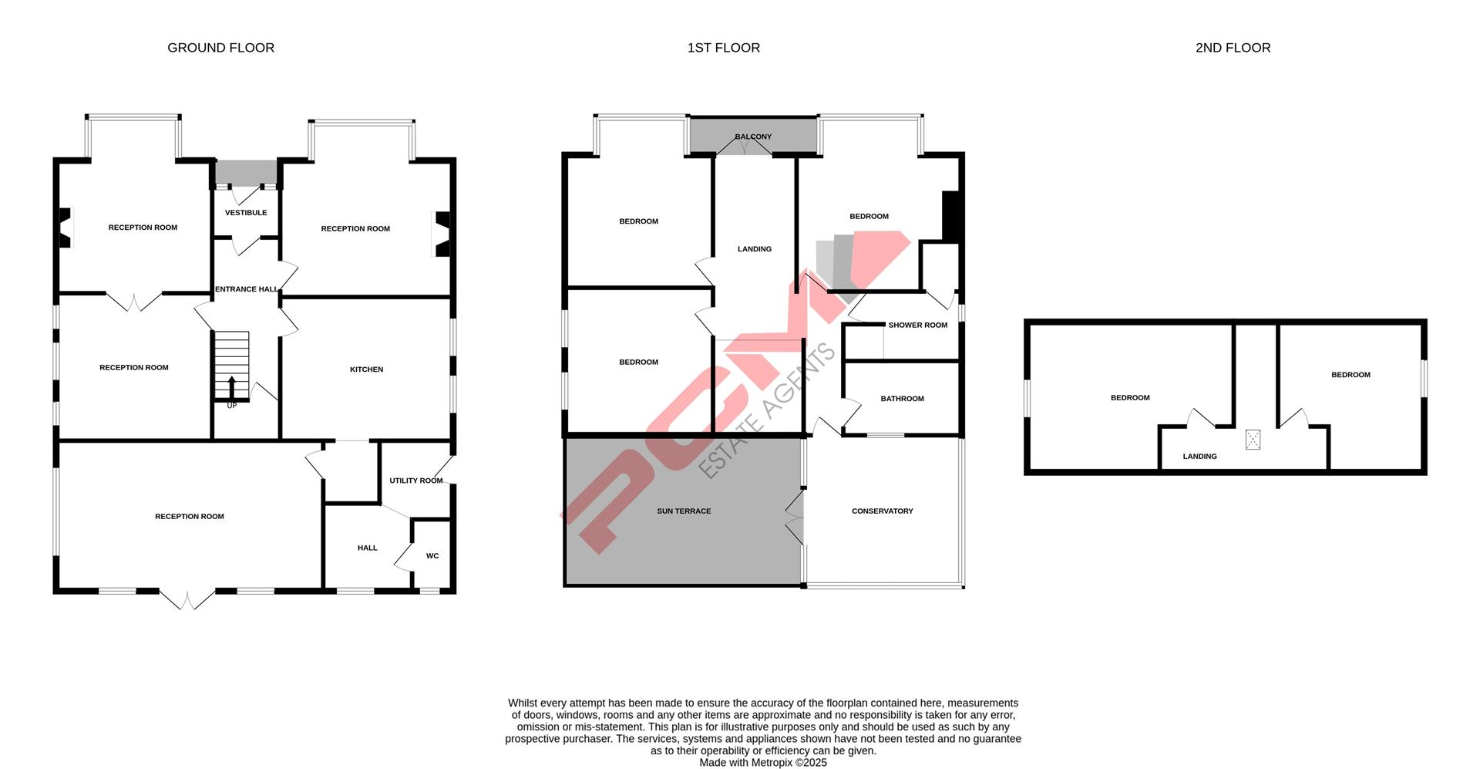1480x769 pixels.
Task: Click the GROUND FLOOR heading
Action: pyautogui.click(x=220, y=48)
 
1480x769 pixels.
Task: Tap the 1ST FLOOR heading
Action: pyautogui.click(x=723, y=48)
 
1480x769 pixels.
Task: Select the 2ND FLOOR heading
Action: pyautogui.click(x=1233, y=48)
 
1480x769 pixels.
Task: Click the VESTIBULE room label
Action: pyautogui.click(x=246, y=213)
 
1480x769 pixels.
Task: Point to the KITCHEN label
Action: pyautogui.click(x=366, y=369)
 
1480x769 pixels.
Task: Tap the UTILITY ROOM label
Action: pyautogui.click(x=415, y=481)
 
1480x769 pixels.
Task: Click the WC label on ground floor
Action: pyautogui.click(x=432, y=555)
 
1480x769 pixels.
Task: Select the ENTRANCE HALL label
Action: pyautogui.click(x=247, y=289)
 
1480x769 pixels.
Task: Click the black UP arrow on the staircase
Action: pyautogui.click(x=232, y=387)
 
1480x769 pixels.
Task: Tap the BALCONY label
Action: pyautogui.click(x=753, y=137)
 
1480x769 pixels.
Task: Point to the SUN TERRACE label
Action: pyautogui.click(x=684, y=511)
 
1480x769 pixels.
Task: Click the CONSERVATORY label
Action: pyautogui.click(x=882, y=511)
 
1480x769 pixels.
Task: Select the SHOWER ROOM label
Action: pyautogui.click(x=917, y=325)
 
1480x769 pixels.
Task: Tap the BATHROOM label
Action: pyautogui.click(x=902, y=399)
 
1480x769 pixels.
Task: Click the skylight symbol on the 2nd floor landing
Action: pyautogui.click(x=1253, y=440)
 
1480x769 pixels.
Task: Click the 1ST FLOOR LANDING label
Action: pyautogui.click(x=754, y=249)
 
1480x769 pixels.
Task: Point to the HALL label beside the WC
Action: pyautogui.click(x=367, y=548)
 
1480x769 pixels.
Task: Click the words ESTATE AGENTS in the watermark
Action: pyautogui.click(x=768, y=410)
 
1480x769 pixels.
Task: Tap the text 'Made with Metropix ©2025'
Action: pyautogui.click(x=762, y=762)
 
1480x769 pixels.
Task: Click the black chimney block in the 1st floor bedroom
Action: pyautogui.click(x=951, y=216)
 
